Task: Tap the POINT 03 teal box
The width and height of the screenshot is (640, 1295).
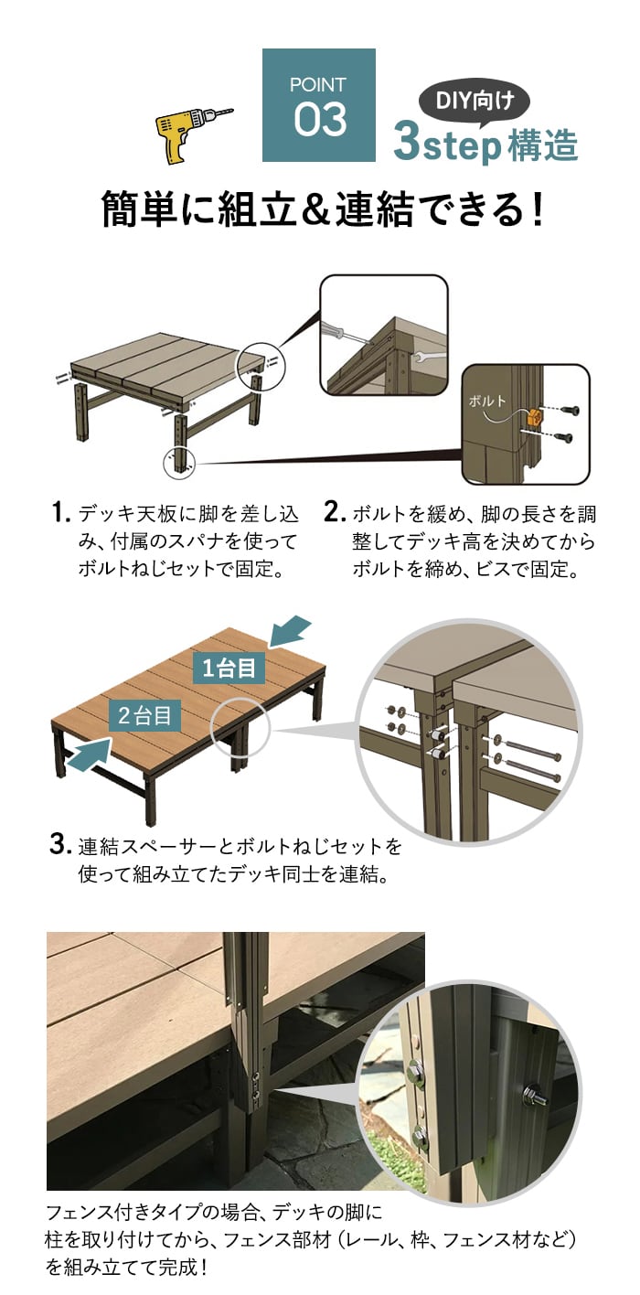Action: click(318, 105)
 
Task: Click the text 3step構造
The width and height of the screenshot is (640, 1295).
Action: click(485, 144)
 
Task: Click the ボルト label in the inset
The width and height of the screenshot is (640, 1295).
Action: click(485, 401)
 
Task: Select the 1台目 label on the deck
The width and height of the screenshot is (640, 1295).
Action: click(229, 668)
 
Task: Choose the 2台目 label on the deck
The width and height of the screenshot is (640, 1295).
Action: click(145, 715)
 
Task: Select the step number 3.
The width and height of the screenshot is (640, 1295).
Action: click(60, 843)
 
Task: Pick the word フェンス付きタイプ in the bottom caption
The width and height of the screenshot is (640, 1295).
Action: click(119, 1214)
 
